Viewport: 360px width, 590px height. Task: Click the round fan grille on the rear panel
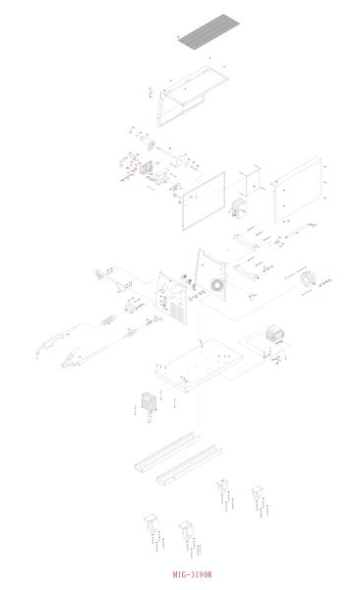(216, 286)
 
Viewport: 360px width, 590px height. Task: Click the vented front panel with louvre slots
(174, 296)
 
